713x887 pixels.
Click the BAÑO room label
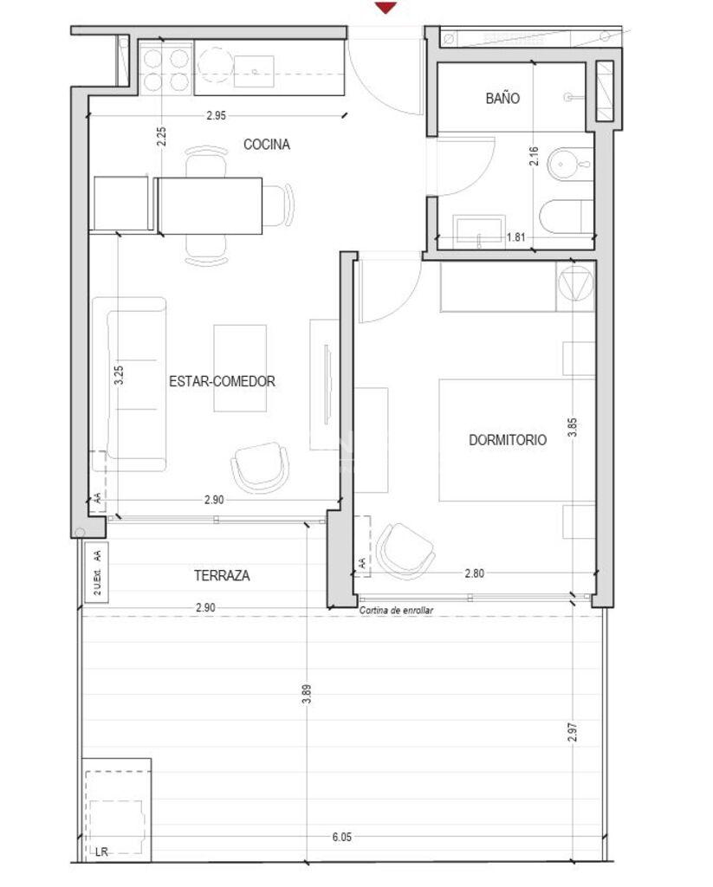pyautogui.click(x=502, y=99)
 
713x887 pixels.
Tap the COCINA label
pyautogui.click(x=267, y=145)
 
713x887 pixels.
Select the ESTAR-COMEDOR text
pyautogui.click(x=222, y=381)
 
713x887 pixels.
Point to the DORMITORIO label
pyautogui.click(x=508, y=439)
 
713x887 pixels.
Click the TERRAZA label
pyautogui.click(x=222, y=575)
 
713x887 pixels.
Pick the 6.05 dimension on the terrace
pyautogui.click(x=342, y=837)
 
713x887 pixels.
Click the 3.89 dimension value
pyautogui.click(x=307, y=694)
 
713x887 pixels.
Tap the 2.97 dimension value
pyautogui.click(x=573, y=732)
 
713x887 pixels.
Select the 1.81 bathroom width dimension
pyautogui.click(x=515, y=237)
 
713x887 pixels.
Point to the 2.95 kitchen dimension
pyautogui.click(x=217, y=115)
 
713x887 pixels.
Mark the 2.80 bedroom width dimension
pyautogui.click(x=474, y=573)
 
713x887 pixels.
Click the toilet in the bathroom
pyautogui.click(x=567, y=217)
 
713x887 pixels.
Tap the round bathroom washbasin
pyautogui.click(x=569, y=164)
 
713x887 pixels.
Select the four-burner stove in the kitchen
pyautogui.click(x=165, y=69)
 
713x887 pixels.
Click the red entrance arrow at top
pyautogui.click(x=386, y=7)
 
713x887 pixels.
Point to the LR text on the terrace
pyautogui.click(x=101, y=852)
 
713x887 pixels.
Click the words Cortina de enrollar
pyautogui.click(x=396, y=611)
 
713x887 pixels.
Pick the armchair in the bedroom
pyautogui.click(x=404, y=551)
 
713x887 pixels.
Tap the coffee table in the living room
pyautogui.click(x=240, y=368)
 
